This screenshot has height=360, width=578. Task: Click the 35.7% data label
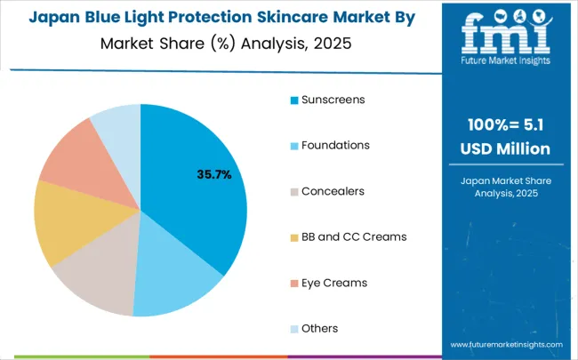pyautogui.click(x=213, y=175)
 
